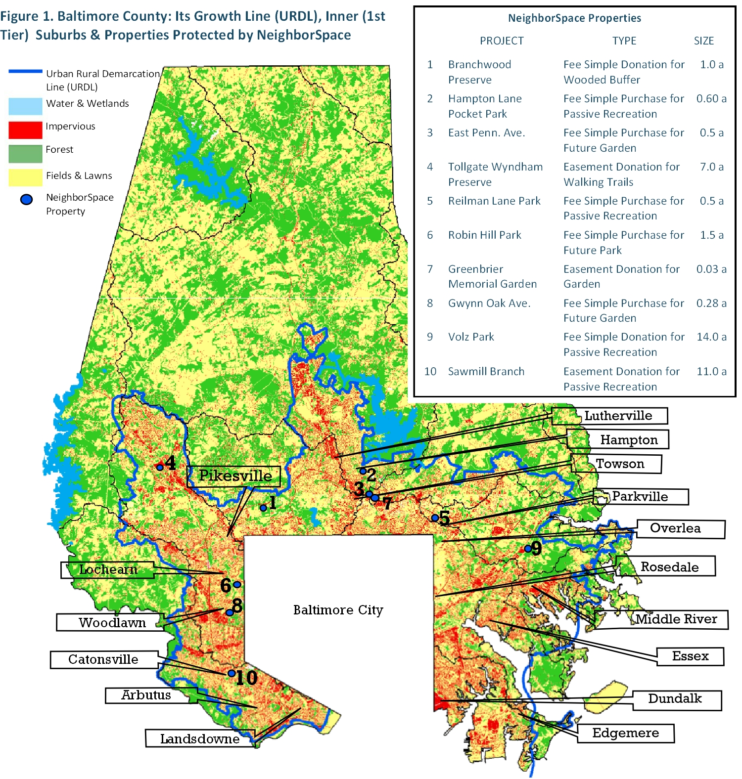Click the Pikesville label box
pos(234,476)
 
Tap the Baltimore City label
pos(338,610)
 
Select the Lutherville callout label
pos(618,416)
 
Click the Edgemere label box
pos(625,733)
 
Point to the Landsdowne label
pos(200,739)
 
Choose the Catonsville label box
pos(103,659)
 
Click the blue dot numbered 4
pos(160,467)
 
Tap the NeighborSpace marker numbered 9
pos(528,549)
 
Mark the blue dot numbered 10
pos(231,673)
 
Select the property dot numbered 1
pos(263,508)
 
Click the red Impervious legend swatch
pos(25,130)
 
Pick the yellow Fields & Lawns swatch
pos(25,177)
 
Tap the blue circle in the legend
pos(26,199)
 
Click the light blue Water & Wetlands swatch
pos(25,106)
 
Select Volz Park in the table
pos(471,337)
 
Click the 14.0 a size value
pos(711,337)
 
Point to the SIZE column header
pos(703,41)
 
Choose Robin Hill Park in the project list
pos(484,235)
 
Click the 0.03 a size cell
pos(711,269)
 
